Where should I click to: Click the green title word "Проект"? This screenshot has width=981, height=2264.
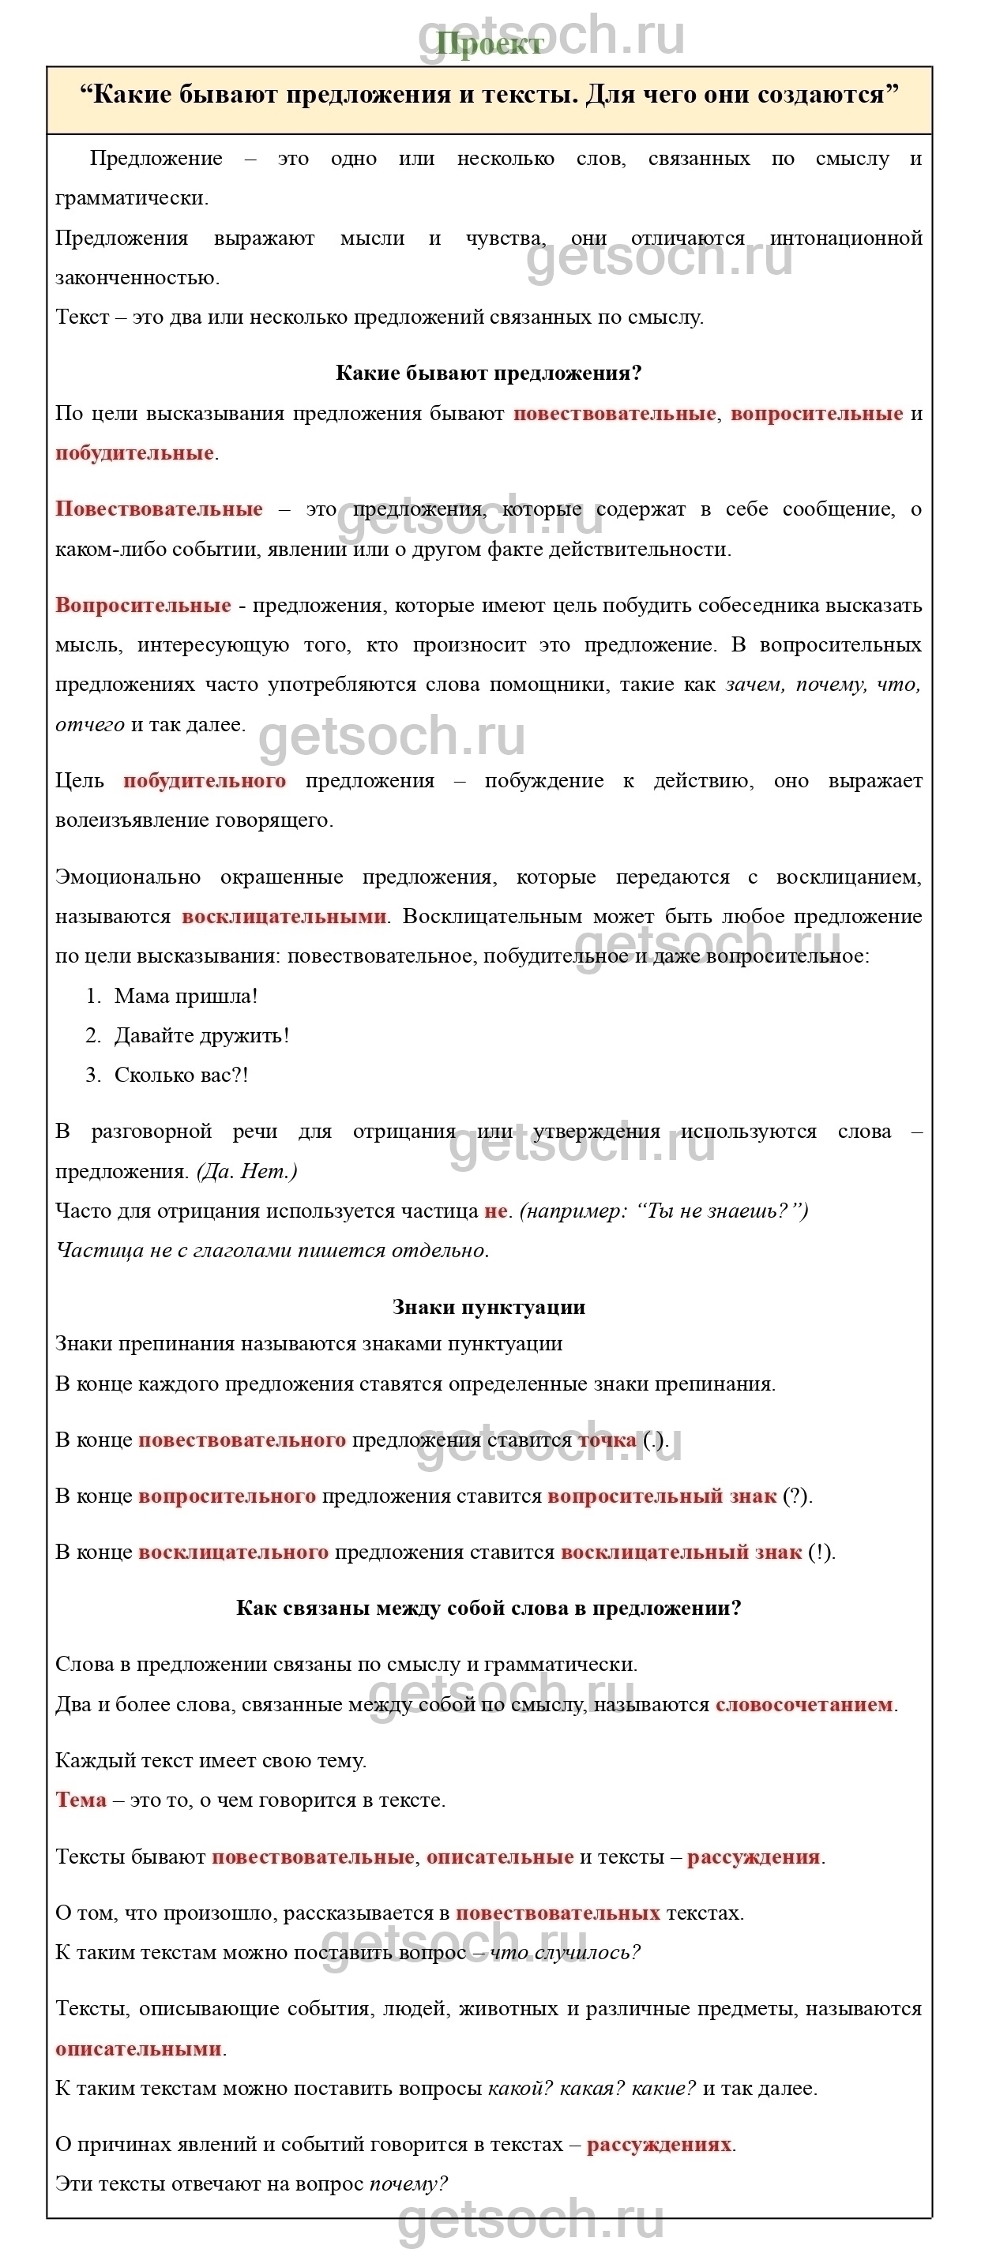pos(490,43)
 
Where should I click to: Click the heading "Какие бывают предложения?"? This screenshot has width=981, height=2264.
pos(489,373)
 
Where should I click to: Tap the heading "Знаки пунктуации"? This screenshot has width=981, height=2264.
pos(489,1307)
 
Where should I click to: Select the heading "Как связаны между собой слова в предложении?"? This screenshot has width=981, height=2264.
pos(489,1608)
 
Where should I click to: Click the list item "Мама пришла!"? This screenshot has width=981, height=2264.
pos(186,996)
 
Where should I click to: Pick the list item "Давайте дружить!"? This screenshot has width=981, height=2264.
pos(201,1035)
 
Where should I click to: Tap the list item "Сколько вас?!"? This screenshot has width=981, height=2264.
pos(181,1075)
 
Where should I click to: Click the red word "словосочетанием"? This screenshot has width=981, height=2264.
pos(804,1704)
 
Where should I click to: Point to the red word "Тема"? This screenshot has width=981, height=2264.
pos(81,1799)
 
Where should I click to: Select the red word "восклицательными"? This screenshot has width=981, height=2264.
pos(284,916)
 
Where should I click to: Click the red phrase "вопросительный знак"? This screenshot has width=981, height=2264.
pos(662,1496)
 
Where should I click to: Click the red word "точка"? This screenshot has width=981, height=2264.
pos(607,1440)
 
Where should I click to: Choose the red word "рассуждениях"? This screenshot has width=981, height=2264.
pos(660,2144)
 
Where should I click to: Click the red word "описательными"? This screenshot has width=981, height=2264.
pos(138,2048)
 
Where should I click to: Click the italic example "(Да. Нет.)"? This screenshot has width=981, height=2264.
pos(247,1170)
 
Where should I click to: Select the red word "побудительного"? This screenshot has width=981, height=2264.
pos(205,780)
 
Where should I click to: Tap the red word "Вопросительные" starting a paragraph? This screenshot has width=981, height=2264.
pos(143,605)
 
